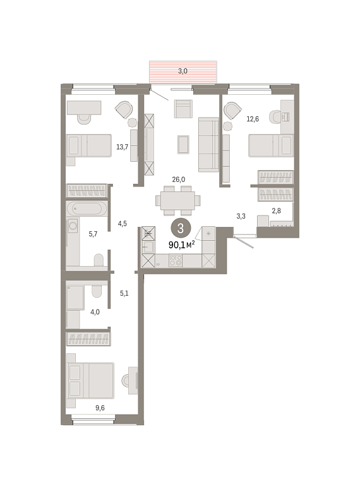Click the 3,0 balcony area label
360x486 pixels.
coord(183,71)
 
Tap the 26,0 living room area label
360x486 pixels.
coord(179,179)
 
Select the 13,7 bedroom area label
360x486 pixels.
coord(122,147)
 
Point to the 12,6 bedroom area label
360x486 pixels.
coord(253,119)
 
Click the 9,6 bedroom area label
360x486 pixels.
coord(100,408)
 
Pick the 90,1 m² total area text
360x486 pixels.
coord(181,245)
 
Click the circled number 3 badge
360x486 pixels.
coord(180,228)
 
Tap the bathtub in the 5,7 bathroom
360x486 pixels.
coord(87,209)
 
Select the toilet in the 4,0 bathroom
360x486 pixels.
coord(97,291)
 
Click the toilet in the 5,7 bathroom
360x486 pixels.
coord(99,260)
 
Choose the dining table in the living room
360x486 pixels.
coord(177,200)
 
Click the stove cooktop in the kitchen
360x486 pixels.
coord(176,260)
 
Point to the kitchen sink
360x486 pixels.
coord(148,247)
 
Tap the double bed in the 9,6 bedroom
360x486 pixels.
coord(90,380)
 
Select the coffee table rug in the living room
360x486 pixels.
coord(183,145)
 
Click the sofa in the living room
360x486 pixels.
coord(208,144)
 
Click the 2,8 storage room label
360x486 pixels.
coord(277,211)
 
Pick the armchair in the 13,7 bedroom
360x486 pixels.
coord(124,110)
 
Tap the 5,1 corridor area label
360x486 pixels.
coord(124,293)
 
